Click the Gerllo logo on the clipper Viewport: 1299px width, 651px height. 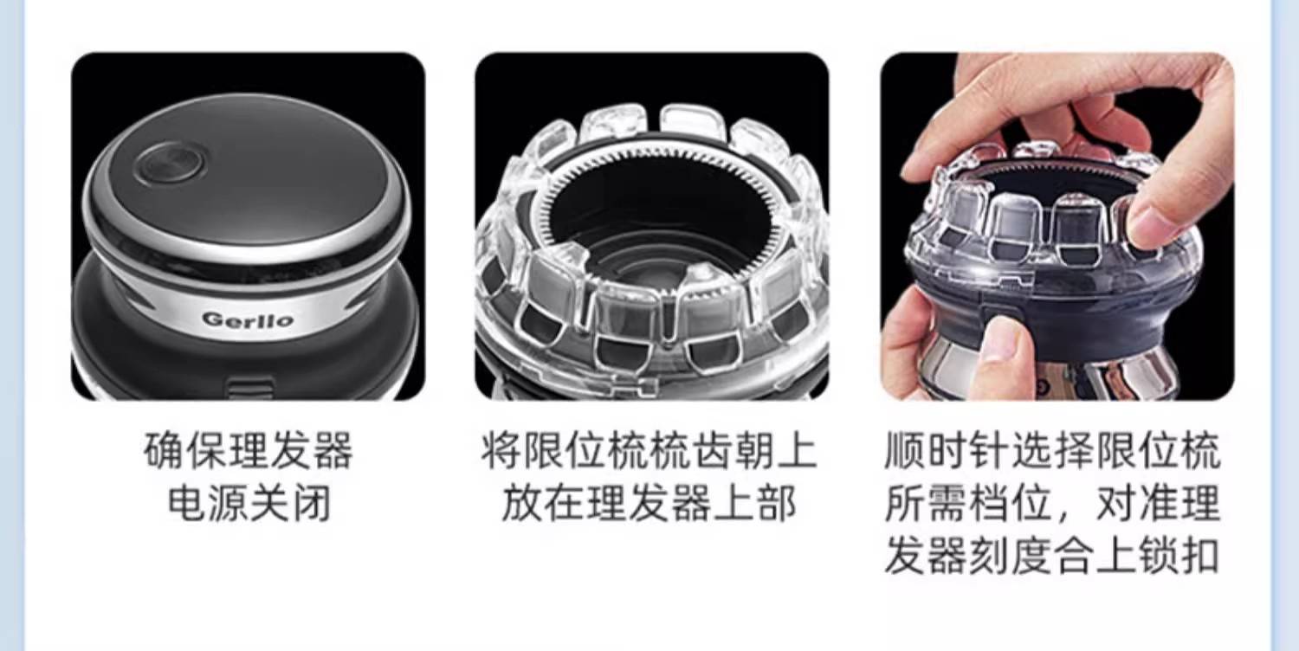(248, 319)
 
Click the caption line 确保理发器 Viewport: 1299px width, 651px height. (249, 450)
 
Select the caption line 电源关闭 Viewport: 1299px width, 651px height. (249, 503)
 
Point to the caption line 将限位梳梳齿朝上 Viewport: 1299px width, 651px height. (649, 450)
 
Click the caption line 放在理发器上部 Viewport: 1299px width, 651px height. (649, 503)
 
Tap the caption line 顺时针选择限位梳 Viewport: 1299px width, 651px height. (1052, 450)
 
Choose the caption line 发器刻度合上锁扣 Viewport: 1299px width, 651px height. (1052, 555)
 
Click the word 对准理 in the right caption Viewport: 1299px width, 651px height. (1159, 503)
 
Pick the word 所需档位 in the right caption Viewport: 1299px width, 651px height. (968, 503)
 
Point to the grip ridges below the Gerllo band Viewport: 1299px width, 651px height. (249, 387)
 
